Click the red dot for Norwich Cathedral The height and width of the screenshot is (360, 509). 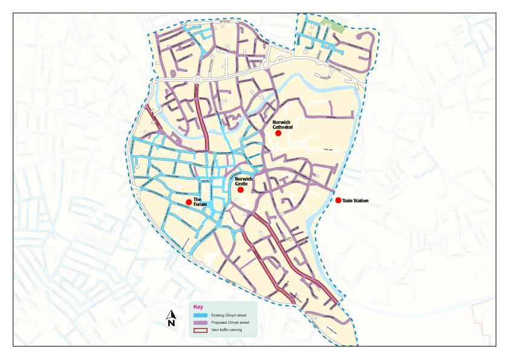point(278,133)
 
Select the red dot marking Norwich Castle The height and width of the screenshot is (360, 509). point(240,190)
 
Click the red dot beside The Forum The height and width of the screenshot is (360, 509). point(189,202)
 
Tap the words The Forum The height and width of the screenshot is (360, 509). point(200,202)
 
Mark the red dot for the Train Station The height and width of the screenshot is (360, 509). point(338,201)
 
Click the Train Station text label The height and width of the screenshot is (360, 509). point(355,201)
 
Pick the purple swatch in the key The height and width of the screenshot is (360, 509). point(201,323)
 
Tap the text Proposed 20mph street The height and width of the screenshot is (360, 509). point(229,323)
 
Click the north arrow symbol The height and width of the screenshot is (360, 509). point(171,314)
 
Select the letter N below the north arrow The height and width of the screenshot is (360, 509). point(171,324)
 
